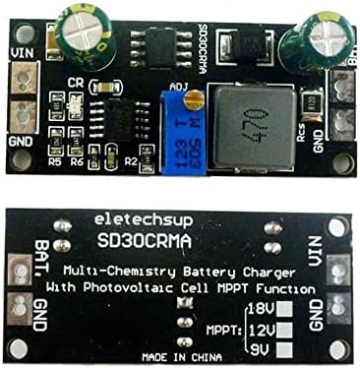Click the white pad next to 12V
(x=285, y=329)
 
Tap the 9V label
(x=261, y=347)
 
